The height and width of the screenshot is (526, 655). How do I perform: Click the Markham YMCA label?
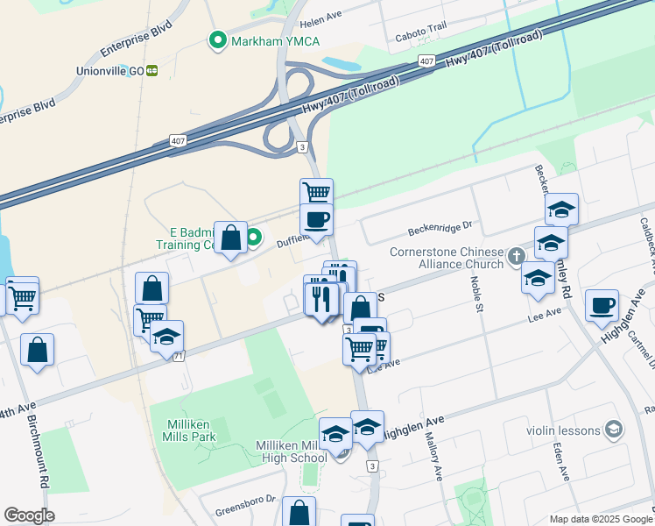point(275,41)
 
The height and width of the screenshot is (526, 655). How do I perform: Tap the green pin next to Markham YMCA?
point(215,40)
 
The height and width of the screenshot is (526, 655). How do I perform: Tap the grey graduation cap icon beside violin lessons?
point(615,430)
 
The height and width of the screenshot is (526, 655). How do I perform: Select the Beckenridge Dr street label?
point(440,230)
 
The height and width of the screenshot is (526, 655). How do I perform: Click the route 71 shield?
point(179,355)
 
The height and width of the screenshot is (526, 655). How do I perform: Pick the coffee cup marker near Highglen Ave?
point(602,305)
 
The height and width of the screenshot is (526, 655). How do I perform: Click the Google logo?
point(29,515)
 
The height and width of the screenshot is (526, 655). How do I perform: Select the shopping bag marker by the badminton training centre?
point(229,238)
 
